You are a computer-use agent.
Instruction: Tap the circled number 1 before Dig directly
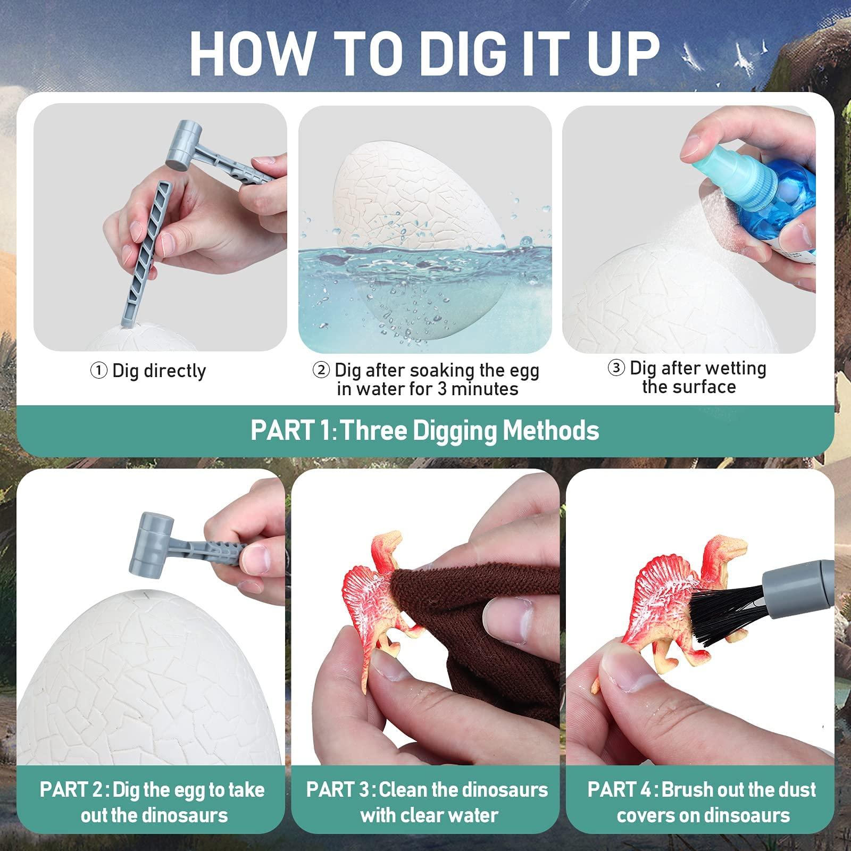click(99, 371)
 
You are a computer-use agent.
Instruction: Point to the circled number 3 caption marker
click(616, 368)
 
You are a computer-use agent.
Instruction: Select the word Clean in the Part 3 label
click(403, 790)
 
